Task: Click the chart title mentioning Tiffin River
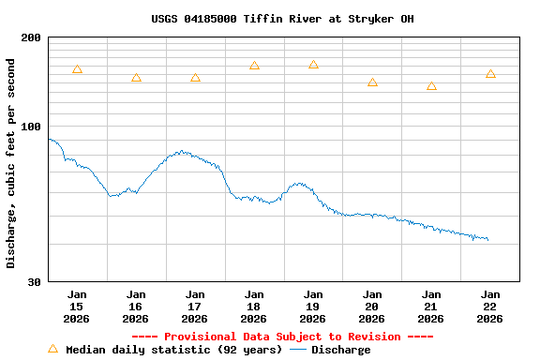click(x=282, y=19)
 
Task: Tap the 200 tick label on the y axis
click(x=32, y=37)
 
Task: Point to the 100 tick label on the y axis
click(x=32, y=127)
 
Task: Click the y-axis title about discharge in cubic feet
click(x=11, y=163)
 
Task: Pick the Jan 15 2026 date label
click(x=77, y=306)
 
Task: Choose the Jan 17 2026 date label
click(x=195, y=306)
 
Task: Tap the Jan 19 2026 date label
click(x=313, y=306)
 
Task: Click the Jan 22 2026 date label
click(x=490, y=306)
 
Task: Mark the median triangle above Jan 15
click(x=77, y=69)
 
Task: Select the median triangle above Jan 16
click(x=136, y=78)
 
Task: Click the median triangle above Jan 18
click(x=254, y=66)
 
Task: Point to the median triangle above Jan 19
click(x=313, y=65)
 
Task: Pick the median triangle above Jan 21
click(x=431, y=86)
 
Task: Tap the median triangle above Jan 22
click(x=490, y=74)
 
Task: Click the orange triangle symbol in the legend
click(x=52, y=349)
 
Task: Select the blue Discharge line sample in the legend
click(x=298, y=350)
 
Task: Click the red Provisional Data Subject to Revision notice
click(x=282, y=337)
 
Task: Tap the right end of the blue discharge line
click(x=487, y=240)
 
